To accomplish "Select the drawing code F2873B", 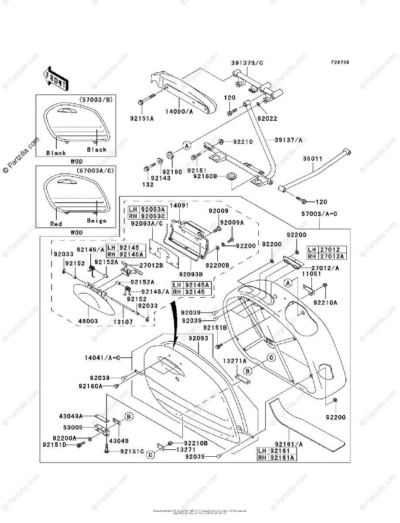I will (340, 62).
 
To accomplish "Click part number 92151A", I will (141, 118).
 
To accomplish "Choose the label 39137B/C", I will (247, 63).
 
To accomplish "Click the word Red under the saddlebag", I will (56, 224).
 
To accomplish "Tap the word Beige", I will (96, 221).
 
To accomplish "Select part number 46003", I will (88, 320).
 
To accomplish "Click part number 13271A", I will (235, 361).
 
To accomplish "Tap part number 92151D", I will (54, 445).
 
